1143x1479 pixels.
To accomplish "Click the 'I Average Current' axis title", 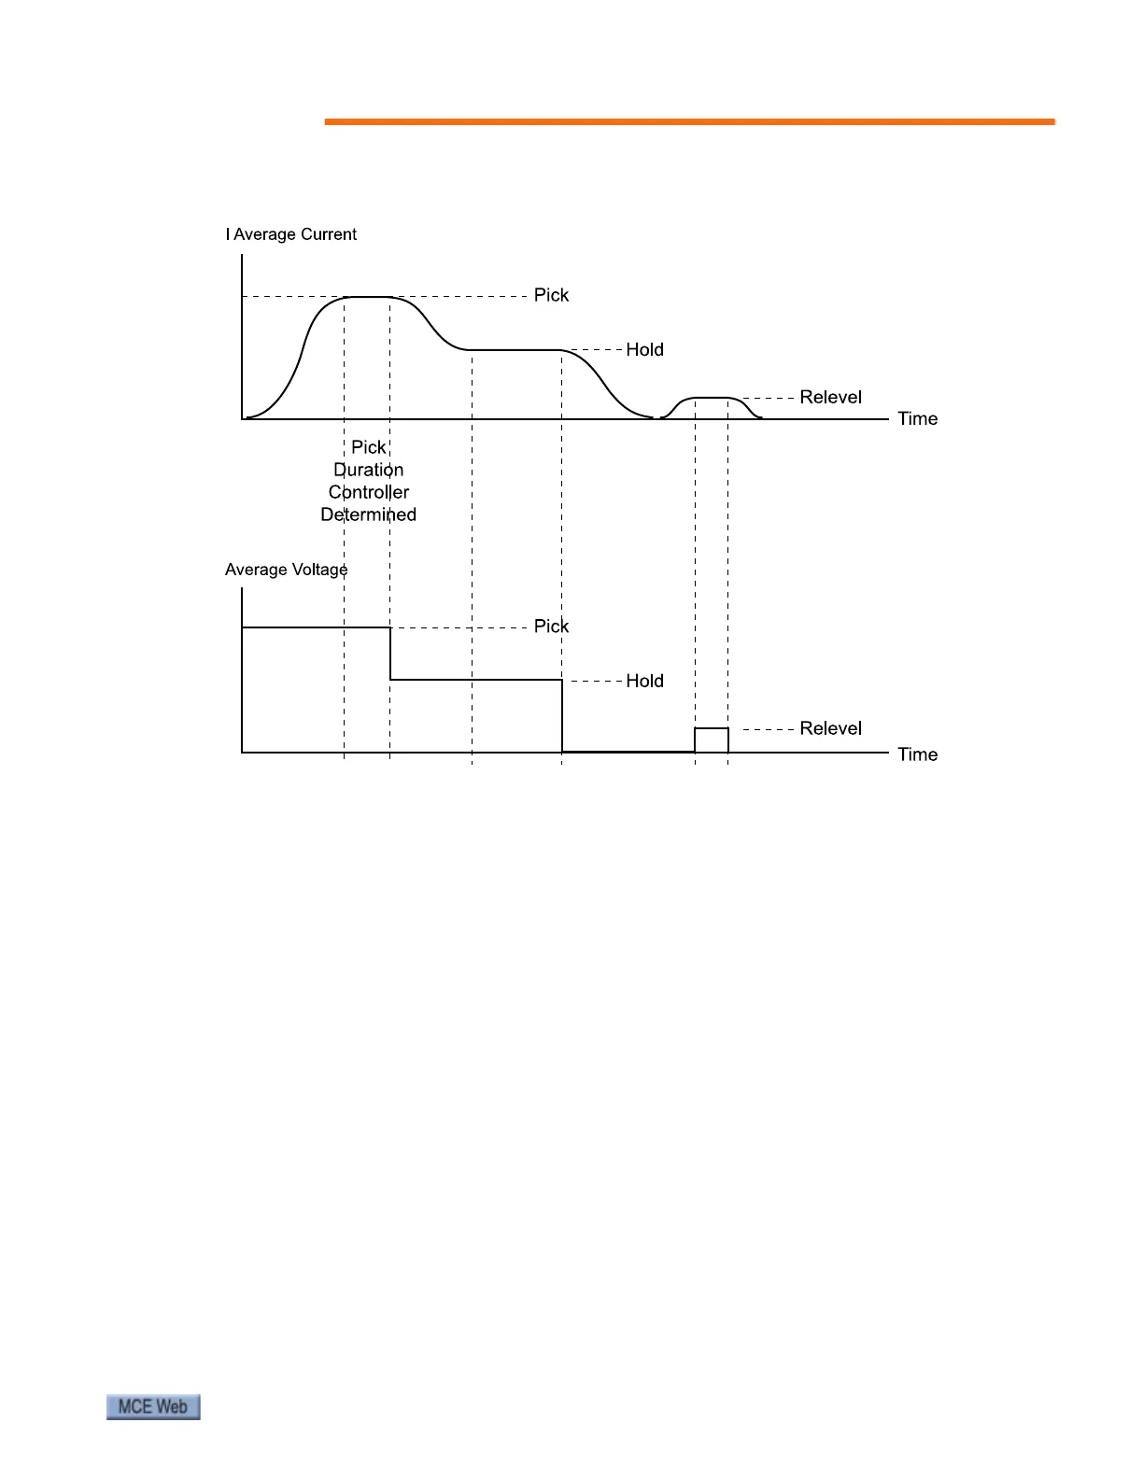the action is tap(290, 234).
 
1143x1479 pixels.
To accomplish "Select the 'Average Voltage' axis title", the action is tap(286, 570).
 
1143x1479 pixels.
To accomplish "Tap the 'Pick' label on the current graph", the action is tap(551, 295).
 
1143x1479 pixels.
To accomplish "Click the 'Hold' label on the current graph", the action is tap(644, 349).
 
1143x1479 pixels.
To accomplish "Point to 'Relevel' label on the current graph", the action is tap(830, 397).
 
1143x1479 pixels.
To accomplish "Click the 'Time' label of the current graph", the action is tap(917, 418).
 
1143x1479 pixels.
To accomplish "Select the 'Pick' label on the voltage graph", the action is tap(551, 626).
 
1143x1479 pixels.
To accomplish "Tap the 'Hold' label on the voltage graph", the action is tap(644, 681).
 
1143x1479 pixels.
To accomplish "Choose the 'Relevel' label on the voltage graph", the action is tap(830, 728).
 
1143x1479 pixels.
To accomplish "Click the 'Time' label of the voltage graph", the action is tap(917, 754).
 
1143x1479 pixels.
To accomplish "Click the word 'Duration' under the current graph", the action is tap(369, 470).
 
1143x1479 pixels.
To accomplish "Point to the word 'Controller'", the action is tap(369, 492).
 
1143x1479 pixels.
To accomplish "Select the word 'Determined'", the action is tap(369, 514).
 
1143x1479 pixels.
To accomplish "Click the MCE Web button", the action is tap(153, 1407).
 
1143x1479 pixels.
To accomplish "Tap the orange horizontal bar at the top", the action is tap(689, 121).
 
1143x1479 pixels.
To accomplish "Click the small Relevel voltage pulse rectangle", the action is tap(712, 739).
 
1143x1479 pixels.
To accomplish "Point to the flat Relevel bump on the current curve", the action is tap(712, 399).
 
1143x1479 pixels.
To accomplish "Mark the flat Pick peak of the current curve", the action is tap(367, 297).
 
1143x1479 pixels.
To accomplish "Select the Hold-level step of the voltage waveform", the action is tap(476, 680).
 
